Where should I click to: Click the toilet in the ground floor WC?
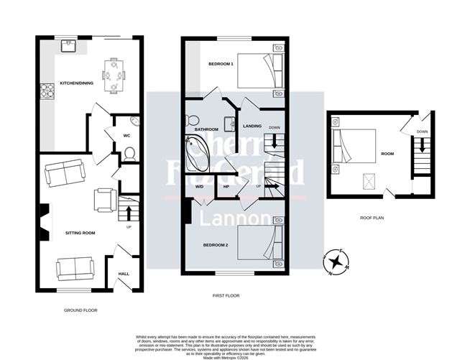click(x=130, y=153)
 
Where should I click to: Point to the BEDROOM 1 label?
click(x=221, y=64)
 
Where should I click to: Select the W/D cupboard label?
click(x=199, y=186)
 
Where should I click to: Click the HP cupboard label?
click(x=226, y=186)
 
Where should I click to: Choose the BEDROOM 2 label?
click(x=216, y=245)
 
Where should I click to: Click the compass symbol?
click(x=334, y=262)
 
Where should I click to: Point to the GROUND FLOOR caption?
click(x=80, y=310)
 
